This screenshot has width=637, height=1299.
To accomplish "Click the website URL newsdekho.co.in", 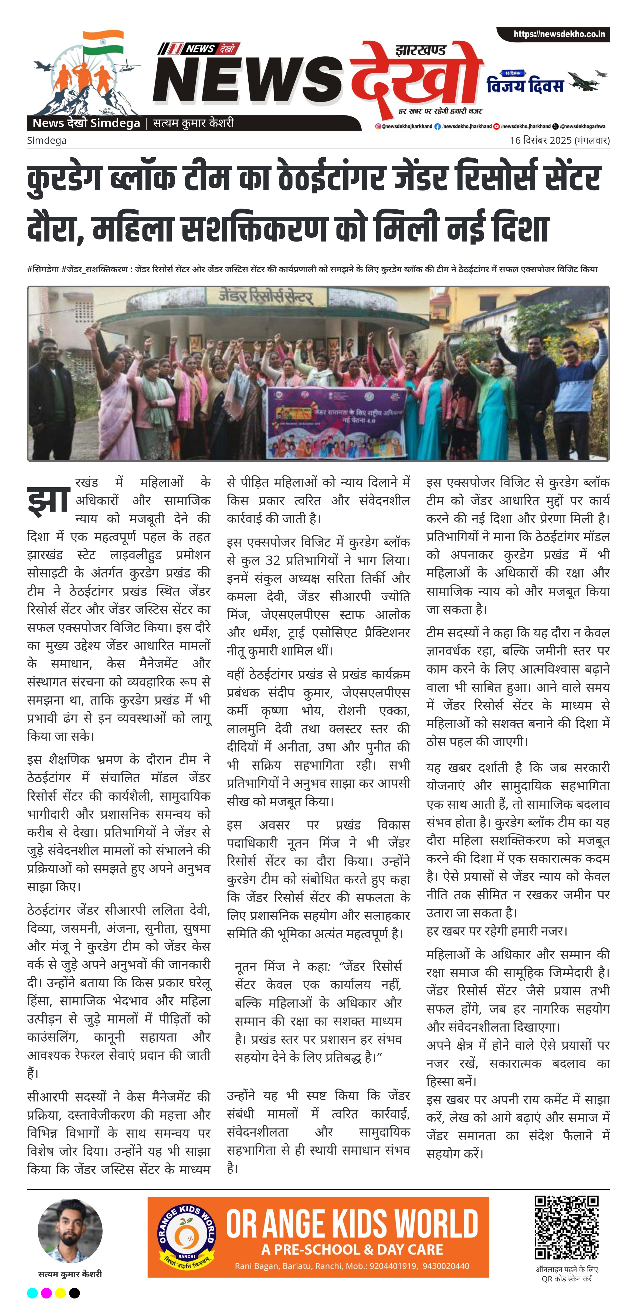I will tap(559, 34).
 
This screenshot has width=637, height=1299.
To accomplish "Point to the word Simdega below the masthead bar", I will tap(46, 140).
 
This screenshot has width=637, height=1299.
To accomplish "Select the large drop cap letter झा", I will tap(48, 500).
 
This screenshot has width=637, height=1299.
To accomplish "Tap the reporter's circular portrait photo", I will tap(70, 1231).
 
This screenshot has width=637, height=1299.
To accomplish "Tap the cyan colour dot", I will tap(32, 1293).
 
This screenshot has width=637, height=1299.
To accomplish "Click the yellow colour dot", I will tap(60, 1293).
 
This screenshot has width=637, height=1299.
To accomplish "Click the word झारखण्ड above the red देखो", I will tap(420, 50).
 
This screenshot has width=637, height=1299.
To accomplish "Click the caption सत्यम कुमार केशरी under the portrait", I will tap(70, 1274).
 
